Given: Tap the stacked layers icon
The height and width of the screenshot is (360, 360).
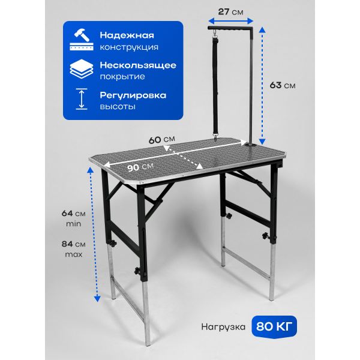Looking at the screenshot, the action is coord(82,69).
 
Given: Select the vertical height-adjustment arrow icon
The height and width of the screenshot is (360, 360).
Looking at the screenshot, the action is coord(82,99).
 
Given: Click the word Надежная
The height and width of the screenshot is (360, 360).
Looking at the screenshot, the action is coord(127,35).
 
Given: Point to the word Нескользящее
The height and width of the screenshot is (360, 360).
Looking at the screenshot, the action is coord(138,65).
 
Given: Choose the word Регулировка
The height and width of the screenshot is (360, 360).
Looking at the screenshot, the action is coord(133,95).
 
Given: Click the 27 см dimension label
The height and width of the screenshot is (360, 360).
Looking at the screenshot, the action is coord(230,12).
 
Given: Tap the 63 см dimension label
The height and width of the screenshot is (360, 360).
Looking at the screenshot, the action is coord(283,85).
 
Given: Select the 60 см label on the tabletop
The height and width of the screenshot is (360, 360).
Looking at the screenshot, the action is coord(161,140).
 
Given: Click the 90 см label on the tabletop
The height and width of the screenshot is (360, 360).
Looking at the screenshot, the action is coord(140,167).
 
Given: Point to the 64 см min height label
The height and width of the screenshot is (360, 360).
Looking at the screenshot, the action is coord(73,218).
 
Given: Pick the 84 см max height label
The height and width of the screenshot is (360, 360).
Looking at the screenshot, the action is coord(73,249).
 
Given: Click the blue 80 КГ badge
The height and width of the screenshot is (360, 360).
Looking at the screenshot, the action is coord(274,326).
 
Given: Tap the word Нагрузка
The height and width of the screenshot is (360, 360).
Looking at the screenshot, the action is coord(223,327).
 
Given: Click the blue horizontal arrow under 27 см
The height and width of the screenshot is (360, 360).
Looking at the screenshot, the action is coord(231,22).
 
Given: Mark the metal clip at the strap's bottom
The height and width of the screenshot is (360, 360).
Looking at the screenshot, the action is coord(215,137).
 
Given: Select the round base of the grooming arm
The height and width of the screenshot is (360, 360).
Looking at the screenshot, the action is coord(252,145).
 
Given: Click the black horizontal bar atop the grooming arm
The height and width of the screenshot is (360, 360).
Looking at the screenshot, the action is coord(230,28).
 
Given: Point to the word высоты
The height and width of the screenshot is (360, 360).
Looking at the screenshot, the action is coord(118,107).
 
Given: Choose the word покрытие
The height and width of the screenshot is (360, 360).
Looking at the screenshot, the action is coord(122,77).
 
